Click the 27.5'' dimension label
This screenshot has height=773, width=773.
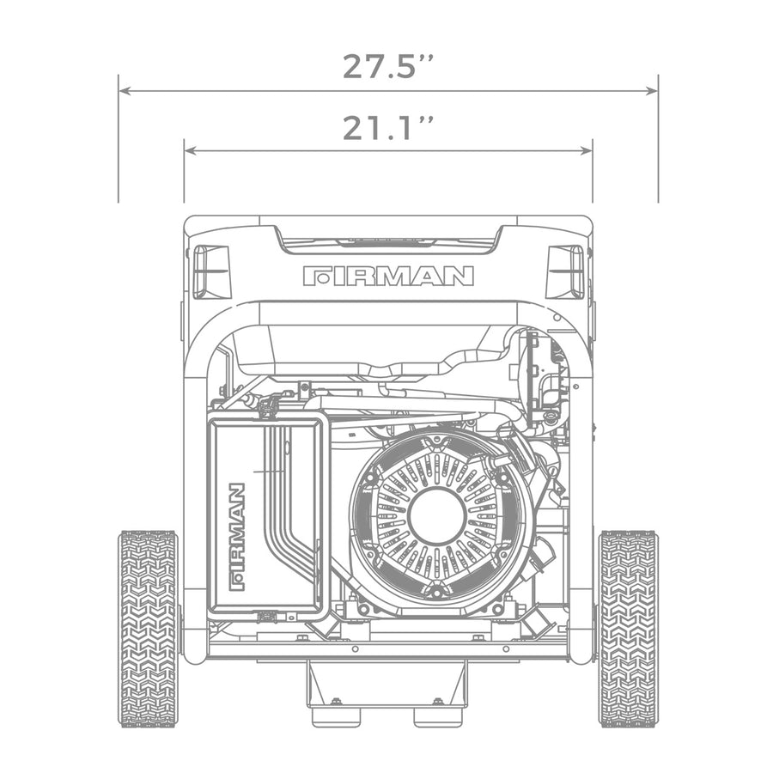coord(387,66)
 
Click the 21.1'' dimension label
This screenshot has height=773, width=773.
coord(387,128)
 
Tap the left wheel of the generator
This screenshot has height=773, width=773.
coord(148,628)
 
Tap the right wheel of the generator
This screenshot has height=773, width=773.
coord(628,628)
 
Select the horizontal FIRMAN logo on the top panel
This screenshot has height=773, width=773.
coord(388,276)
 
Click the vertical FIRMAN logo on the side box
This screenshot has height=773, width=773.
coord(237,538)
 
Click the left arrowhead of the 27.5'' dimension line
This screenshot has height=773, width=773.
coord(123,90)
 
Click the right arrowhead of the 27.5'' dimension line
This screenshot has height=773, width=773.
coord(654,90)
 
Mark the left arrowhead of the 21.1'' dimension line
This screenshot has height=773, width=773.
coord(189,150)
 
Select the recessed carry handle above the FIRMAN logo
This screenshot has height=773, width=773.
coord(388,244)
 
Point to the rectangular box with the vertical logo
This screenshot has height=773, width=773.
coord(268,515)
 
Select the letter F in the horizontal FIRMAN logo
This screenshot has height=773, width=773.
coord(314,276)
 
